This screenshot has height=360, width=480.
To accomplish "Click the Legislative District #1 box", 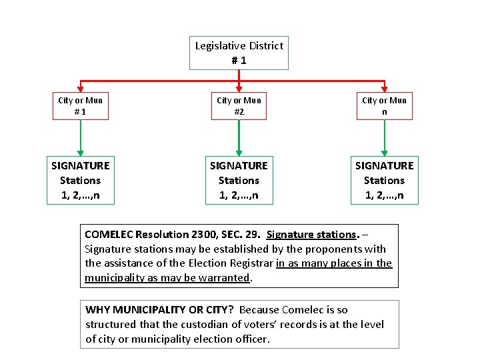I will [239, 53].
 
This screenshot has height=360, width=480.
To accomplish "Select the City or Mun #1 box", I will [80, 106].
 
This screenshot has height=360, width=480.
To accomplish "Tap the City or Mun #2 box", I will [239, 106].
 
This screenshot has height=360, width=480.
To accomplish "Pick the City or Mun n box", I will [384, 106].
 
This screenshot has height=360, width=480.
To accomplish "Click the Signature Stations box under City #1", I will [80, 180].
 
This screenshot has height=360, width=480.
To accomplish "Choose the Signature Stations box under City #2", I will [239, 180].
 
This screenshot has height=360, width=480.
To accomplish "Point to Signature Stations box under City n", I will [384, 180].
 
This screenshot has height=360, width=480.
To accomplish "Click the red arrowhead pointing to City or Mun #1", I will [80, 87].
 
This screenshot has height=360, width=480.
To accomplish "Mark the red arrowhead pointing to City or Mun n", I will [385, 87].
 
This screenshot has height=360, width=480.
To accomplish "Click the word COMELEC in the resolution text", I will [109, 235].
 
